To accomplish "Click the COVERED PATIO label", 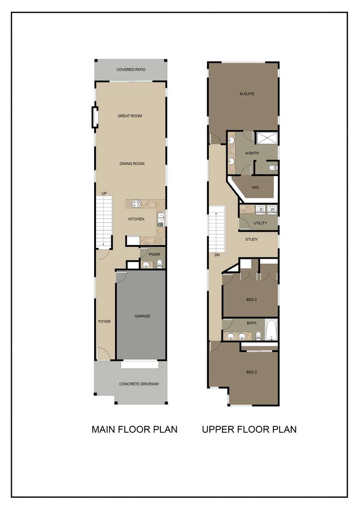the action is pyautogui.click(x=131, y=70).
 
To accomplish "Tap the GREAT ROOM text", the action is pyautogui.click(x=129, y=116).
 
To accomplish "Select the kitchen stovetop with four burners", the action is pyautogui.click(x=136, y=203).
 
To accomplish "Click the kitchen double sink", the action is pyautogui.click(x=161, y=220).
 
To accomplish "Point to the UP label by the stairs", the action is pyautogui.click(x=104, y=193).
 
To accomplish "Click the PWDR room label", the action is pyautogui.click(x=154, y=255).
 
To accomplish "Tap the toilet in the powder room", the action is pyautogui.click(x=160, y=263).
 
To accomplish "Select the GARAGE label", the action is pyautogui.click(x=142, y=316).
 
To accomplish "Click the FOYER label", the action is pyautogui.click(x=104, y=322).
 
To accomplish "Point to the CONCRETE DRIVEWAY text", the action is pyautogui.click(x=139, y=384).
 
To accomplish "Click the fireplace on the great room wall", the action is pyautogui.click(x=95, y=117).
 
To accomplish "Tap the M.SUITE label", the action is pyautogui.click(x=247, y=94).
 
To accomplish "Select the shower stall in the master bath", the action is pyautogui.click(x=267, y=138).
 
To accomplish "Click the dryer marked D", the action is pyautogui.click(x=261, y=210).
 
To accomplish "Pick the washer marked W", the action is pyautogui.click(x=273, y=210).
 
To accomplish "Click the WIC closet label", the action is pyautogui.click(x=256, y=187).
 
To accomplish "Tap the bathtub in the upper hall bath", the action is pyautogui.click(x=271, y=330).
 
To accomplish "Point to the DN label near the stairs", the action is pyautogui.click(x=217, y=255).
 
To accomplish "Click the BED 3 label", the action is pyautogui.click(x=251, y=372).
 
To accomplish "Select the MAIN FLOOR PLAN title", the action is pyautogui.click(x=135, y=429).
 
